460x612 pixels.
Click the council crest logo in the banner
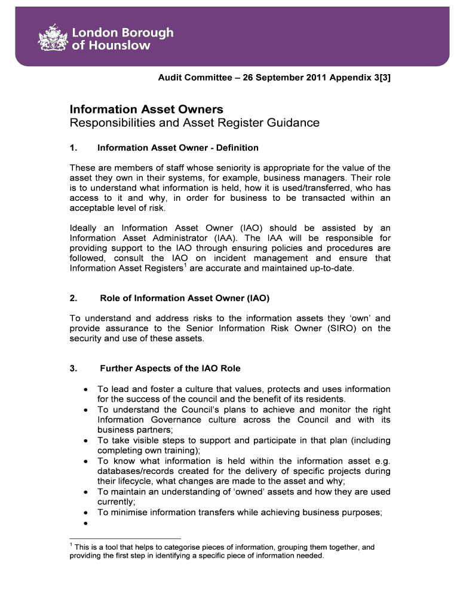pos(53,40)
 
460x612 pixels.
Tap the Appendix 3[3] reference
pos(366,78)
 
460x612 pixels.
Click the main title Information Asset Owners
pos(146,109)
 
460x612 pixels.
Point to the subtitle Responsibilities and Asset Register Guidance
pos(194,123)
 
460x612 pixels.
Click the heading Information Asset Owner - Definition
pos(177,148)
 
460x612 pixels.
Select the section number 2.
pos(73,298)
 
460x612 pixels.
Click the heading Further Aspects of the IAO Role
pos(170,368)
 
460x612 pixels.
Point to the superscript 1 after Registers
pos(184,265)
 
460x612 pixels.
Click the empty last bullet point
pos(87,523)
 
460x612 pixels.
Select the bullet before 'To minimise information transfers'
pos(87,513)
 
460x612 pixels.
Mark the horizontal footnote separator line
pos(125,538)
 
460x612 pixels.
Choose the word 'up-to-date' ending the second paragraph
pos(332,268)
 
